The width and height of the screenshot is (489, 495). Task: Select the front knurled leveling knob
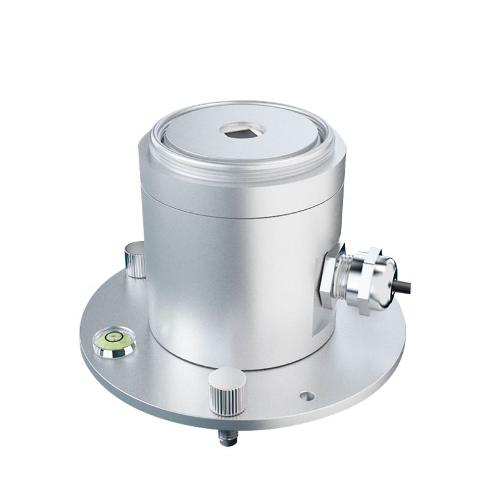tap(227, 392)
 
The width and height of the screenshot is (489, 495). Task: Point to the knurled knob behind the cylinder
tap(135, 259)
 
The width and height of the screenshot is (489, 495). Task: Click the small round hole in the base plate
tap(307, 396)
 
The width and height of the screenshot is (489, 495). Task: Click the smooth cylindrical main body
tap(232, 288)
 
